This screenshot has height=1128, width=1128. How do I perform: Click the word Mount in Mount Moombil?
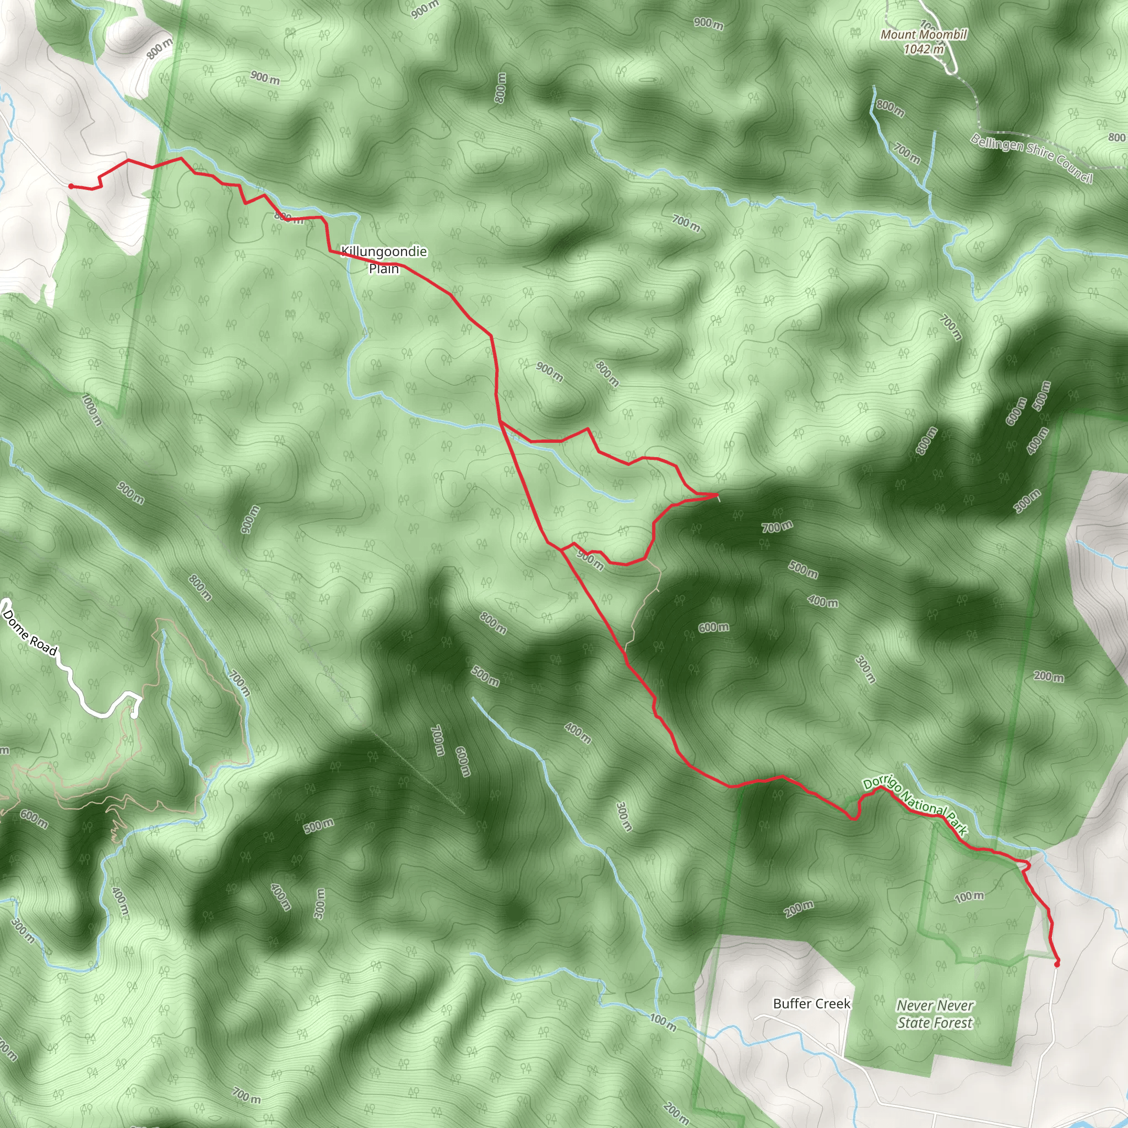[897, 35]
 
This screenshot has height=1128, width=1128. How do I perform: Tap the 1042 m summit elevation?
[924, 50]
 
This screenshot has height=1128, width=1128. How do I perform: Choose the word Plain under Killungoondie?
[383, 269]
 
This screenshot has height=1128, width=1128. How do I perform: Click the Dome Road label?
[30, 632]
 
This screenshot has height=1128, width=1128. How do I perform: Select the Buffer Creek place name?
[811, 1003]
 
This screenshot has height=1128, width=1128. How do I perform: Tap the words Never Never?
[935, 1005]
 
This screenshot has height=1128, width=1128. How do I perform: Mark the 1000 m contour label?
[91, 410]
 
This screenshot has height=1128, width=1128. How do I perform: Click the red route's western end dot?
[70, 186]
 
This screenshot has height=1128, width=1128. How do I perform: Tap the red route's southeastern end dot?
[1057, 964]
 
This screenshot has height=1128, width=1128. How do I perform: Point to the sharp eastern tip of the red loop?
[717, 495]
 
